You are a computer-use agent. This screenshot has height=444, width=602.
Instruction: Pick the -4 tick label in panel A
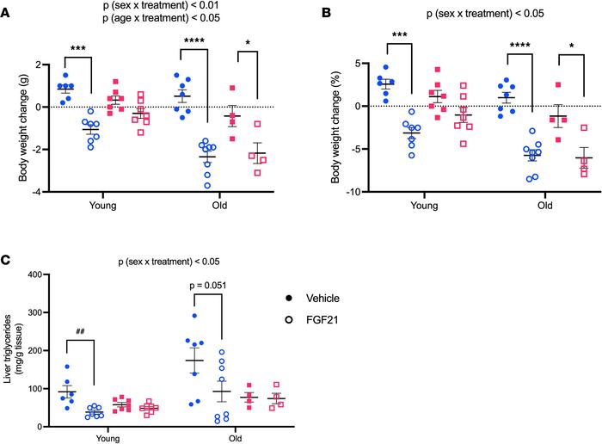click(43, 192)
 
